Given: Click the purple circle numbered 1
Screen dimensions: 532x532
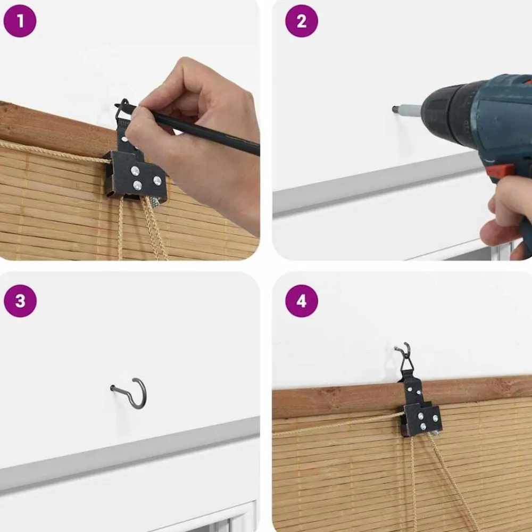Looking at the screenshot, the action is click(x=20, y=21).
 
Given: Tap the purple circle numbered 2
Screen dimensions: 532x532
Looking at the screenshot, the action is click(x=302, y=21).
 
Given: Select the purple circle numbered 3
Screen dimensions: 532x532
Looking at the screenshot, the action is click(x=20, y=301).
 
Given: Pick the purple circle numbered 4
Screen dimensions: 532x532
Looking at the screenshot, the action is click(x=302, y=301).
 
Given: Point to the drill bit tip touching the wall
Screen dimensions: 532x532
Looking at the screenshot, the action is click(x=395, y=109).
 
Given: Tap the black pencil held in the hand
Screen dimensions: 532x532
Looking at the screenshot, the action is click(x=190, y=129).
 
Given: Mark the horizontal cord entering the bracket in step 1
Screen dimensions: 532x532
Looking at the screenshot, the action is click(x=54, y=152).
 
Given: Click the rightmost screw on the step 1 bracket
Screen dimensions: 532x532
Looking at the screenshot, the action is click(x=157, y=180).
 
